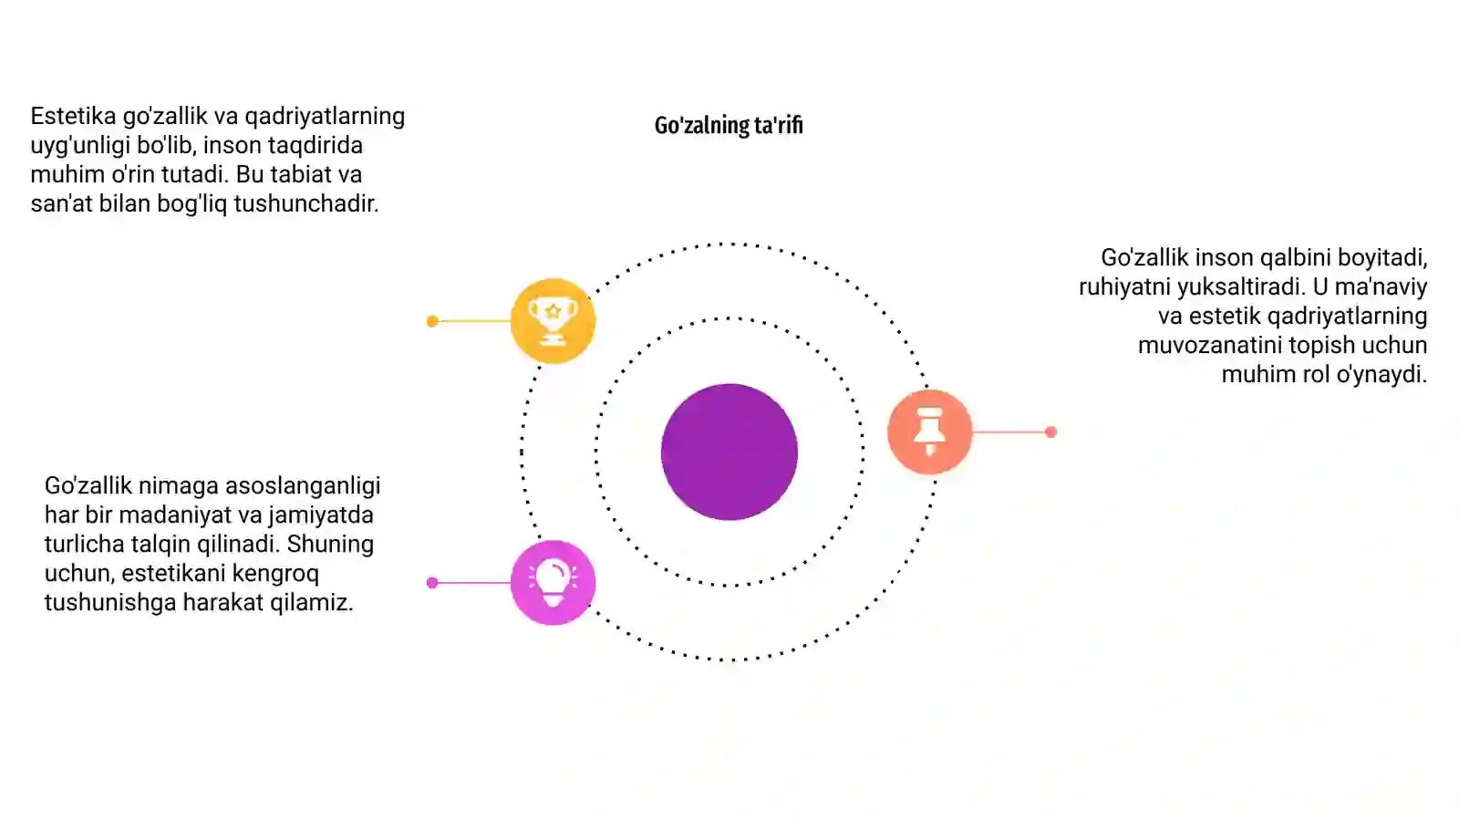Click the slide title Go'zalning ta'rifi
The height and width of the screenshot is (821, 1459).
click(x=729, y=125)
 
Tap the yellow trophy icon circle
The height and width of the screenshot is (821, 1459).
click(x=553, y=320)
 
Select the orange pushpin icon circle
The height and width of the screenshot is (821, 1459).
click(x=929, y=431)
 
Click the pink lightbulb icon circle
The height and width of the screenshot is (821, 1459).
click(x=553, y=583)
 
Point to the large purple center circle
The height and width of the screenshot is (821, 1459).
click(x=729, y=452)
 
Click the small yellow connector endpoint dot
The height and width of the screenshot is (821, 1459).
click(x=432, y=320)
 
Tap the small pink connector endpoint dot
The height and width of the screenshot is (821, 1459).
click(x=432, y=583)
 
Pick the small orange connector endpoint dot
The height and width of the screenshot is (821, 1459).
click(x=1050, y=431)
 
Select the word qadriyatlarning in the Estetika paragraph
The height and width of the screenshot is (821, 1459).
click(x=325, y=117)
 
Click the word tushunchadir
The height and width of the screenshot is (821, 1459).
click(x=306, y=204)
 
